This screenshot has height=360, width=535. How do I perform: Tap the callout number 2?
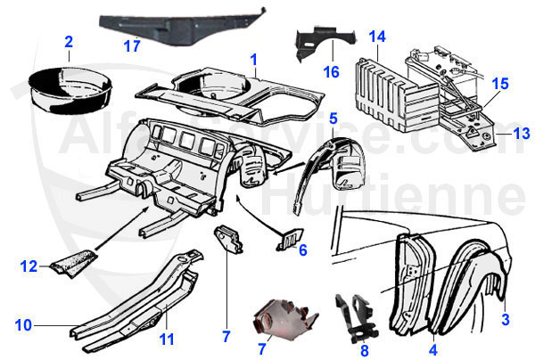click(69, 41)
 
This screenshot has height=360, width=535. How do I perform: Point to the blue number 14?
click(377, 37)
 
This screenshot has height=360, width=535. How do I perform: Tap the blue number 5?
click(333, 118)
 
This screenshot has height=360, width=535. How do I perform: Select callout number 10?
click(23, 324)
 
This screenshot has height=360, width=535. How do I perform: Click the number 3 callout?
click(505, 319)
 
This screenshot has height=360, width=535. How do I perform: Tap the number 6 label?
click(302, 250)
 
